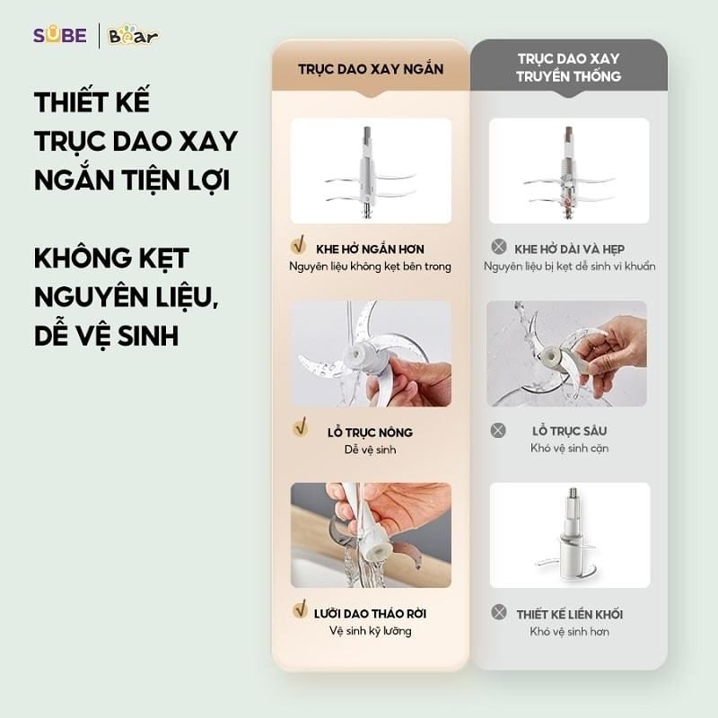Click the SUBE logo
(59, 36)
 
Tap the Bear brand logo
(133, 36)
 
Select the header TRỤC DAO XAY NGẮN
(371, 69)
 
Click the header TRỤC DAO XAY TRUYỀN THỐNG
(568, 67)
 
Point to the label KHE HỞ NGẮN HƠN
(371, 249)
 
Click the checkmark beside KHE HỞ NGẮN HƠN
(300, 246)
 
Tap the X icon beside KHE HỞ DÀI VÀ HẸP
(498, 247)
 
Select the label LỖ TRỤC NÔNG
(370, 432)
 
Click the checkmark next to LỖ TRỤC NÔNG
(301, 429)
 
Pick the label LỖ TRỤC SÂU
(569, 431)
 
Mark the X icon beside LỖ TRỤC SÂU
(498, 430)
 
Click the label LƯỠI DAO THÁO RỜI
(370, 614)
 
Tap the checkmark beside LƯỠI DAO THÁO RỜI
(301, 610)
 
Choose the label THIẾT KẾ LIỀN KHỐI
(569, 615)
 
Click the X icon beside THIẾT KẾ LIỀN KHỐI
(498, 612)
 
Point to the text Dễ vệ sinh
(370, 450)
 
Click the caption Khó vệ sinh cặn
(569, 449)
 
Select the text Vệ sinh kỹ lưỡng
(370, 632)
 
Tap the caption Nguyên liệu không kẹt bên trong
(370, 267)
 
